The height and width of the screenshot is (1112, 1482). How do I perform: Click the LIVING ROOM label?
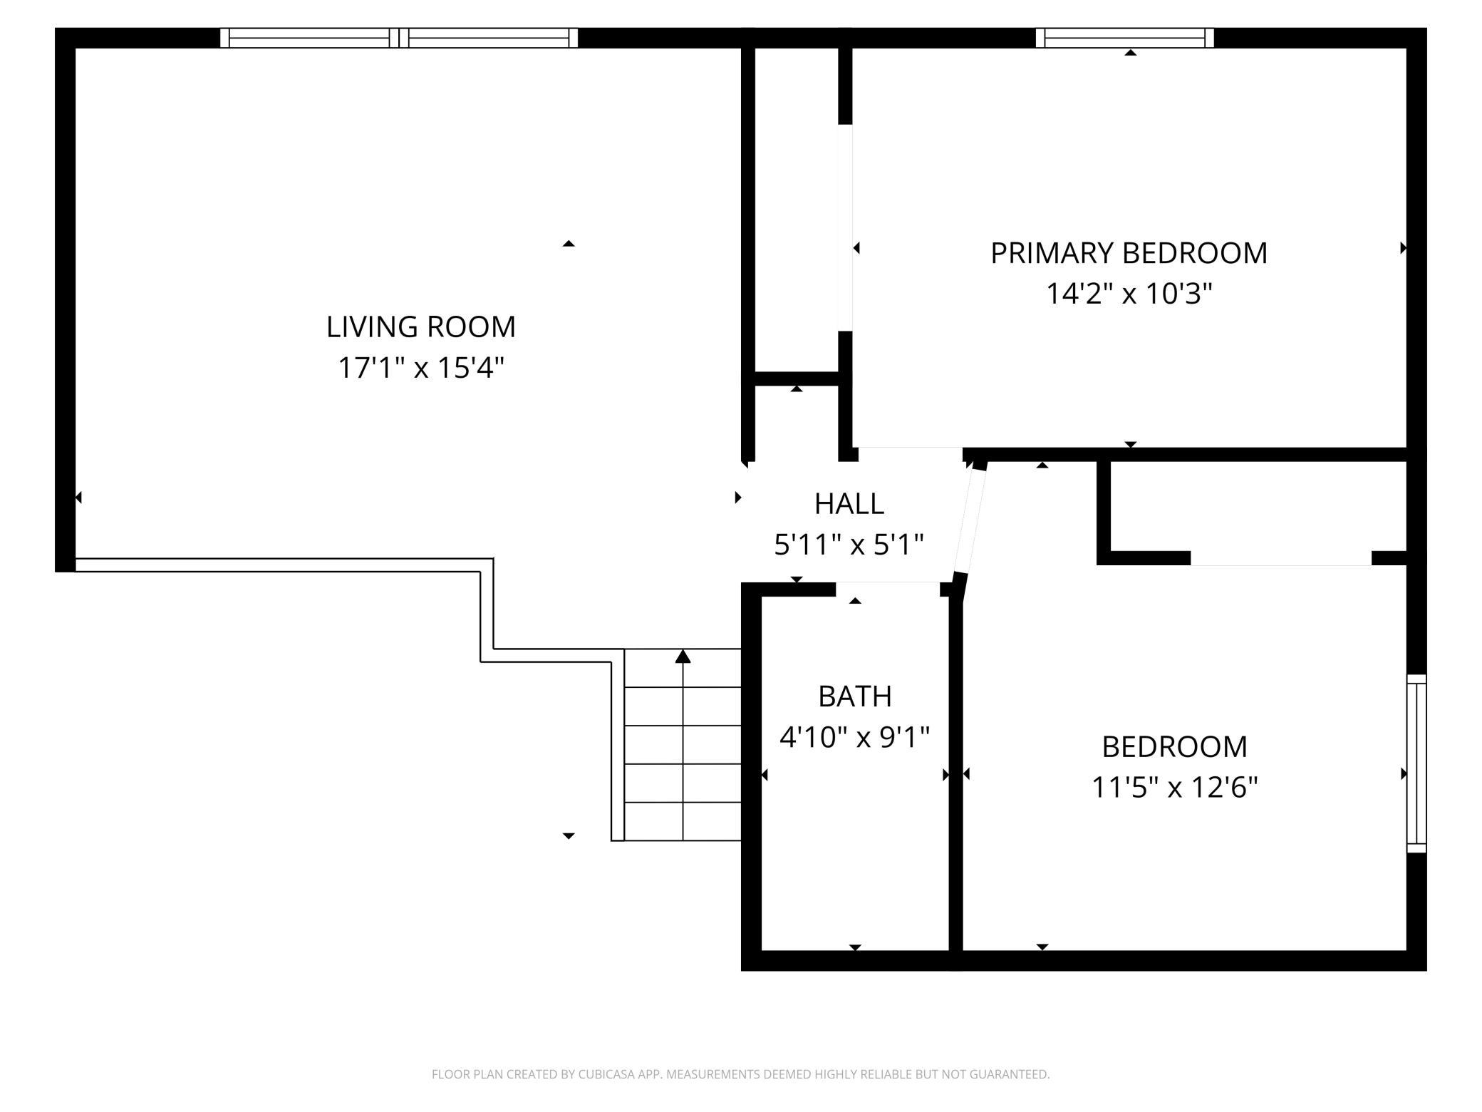point(420,327)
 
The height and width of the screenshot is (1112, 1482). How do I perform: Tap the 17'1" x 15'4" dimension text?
point(420,369)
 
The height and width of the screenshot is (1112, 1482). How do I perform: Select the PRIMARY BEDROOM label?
point(1129,253)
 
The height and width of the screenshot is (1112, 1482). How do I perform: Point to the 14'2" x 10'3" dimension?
point(1129,293)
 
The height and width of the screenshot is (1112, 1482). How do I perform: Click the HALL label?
point(849,504)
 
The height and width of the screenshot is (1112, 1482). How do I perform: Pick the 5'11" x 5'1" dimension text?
point(849,545)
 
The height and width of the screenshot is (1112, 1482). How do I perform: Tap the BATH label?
point(855,696)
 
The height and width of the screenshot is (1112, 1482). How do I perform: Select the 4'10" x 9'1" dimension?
point(855,737)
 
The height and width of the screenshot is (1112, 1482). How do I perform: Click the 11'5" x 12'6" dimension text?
point(1175,788)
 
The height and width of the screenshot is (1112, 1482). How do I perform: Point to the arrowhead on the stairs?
point(683,657)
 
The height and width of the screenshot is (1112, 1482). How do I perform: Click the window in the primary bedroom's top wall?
point(1124,38)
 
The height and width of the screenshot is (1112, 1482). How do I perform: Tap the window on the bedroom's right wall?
point(1416,763)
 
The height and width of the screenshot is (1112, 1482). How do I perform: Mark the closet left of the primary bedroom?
point(797,210)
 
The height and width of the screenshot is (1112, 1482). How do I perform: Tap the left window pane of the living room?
point(309,38)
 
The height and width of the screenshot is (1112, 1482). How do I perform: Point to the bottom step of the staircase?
point(683,821)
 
